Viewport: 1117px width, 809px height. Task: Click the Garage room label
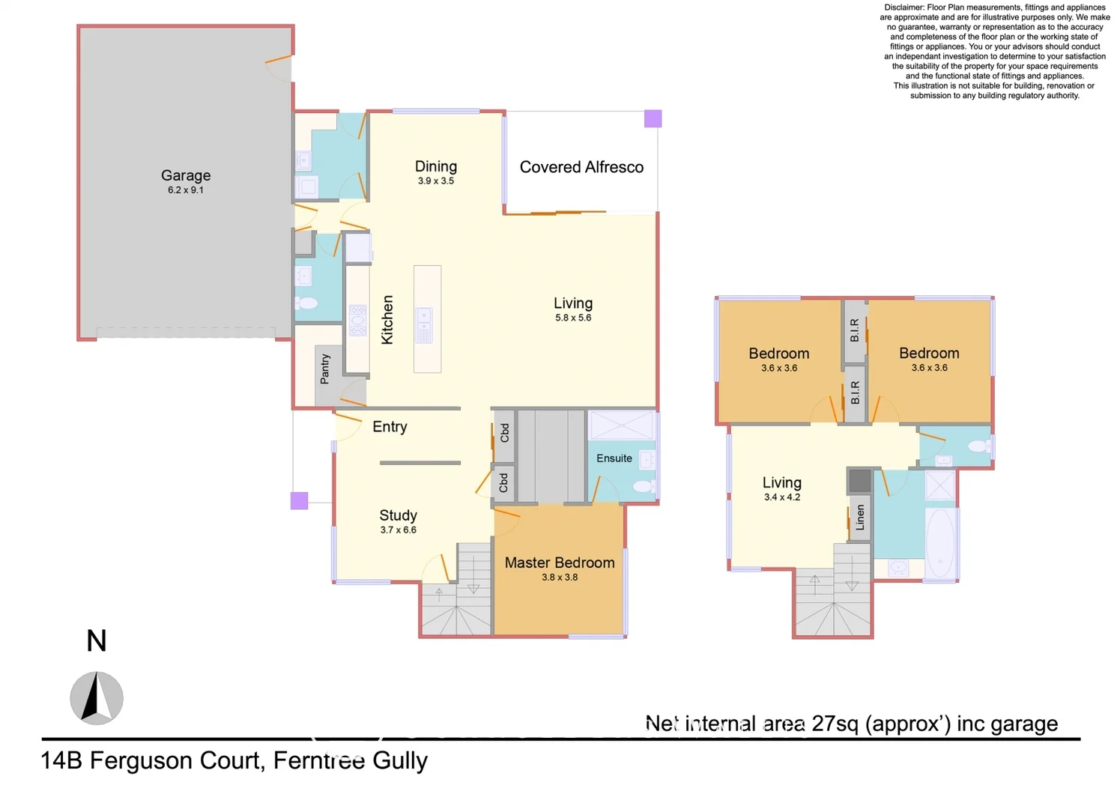click(x=186, y=175)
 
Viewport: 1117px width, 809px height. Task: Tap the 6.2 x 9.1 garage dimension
click(x=186, y=190)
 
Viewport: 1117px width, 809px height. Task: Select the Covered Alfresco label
click(x=581, y=167)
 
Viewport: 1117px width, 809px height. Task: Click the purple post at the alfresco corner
click(x=653, y=118)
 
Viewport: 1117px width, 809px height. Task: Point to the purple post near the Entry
click(x=299, y=500)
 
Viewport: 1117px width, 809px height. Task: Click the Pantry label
click(x=325, y=369)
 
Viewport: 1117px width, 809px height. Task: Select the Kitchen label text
click(x=387, y=320)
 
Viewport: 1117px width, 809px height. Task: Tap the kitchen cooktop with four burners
click(x=358, y=320)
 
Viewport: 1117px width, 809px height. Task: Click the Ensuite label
click(x=614, y=458)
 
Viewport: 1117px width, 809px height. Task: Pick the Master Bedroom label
click(x=560, y=563)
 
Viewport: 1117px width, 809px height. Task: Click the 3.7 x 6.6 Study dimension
click(x=398, y=530)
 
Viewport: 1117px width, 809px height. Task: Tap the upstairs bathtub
click(x=939, y=542)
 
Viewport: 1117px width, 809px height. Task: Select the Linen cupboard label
click(x=860, y=518)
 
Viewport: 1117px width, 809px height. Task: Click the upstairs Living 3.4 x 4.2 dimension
click(x=782, y=497)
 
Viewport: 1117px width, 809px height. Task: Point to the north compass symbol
click(x=97, y=698)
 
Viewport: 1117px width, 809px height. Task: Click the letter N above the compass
click(x=97, y=641)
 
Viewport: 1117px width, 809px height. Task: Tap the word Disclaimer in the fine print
click(x=904, y=7)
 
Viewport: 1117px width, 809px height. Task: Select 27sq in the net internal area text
click(x=835, y=724)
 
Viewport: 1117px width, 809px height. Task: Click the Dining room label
click(x=436, y=166)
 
